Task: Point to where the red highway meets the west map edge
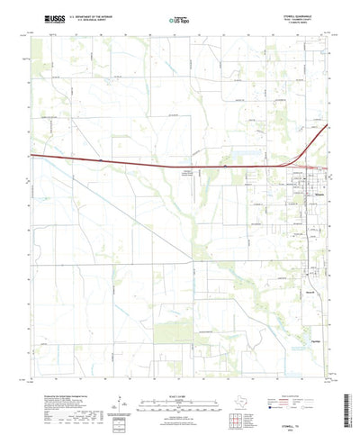point(33,155)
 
